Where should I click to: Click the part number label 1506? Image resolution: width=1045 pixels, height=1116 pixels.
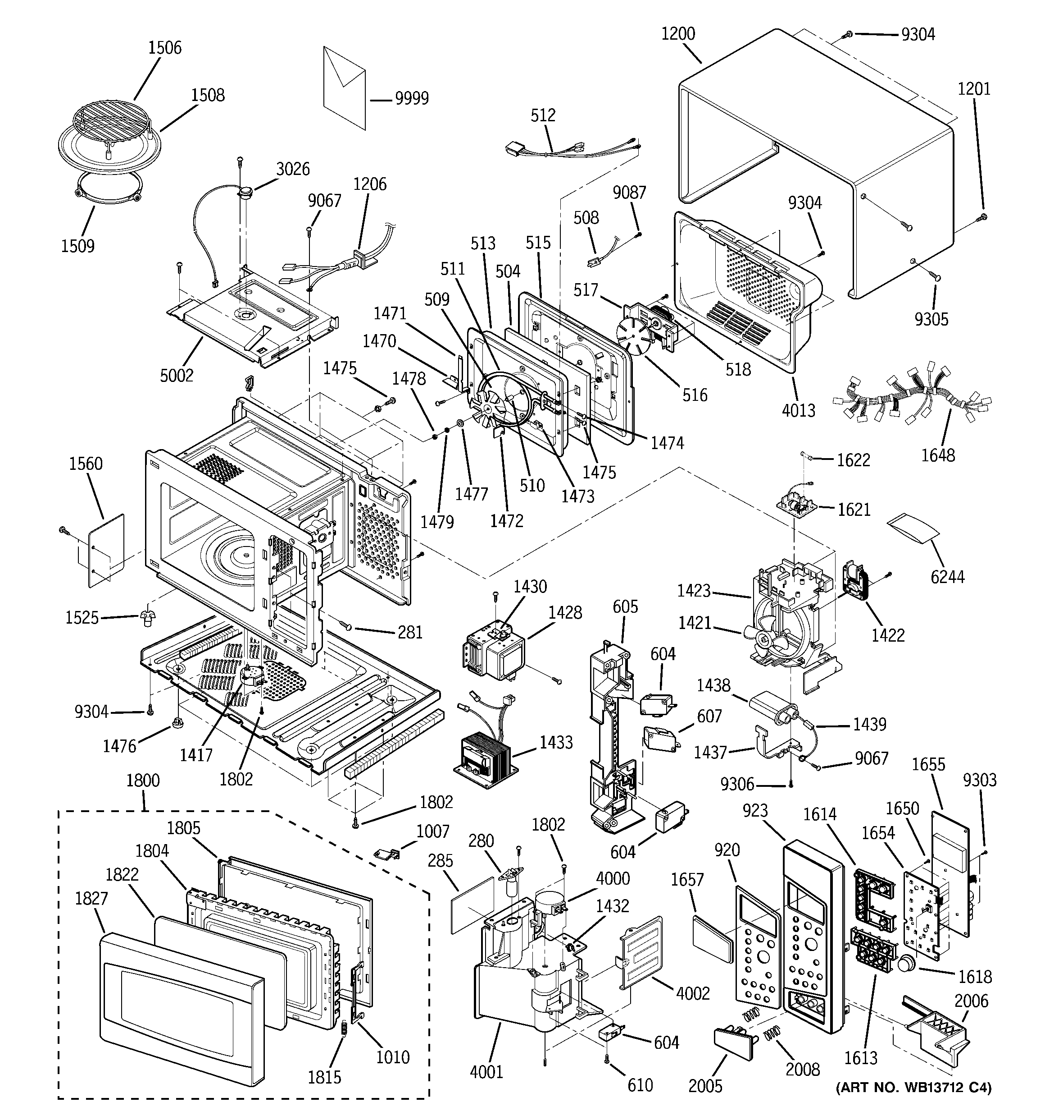pyautogui.click(x=164, y=48)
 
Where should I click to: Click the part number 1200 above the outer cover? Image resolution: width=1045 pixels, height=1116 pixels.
pyautogui.click(x=678, y=34)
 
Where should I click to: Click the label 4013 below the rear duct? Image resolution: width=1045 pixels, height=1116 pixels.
pyautogui.click(x=798, y=410)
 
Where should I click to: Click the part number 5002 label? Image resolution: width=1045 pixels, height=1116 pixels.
pyautogui.click(x=177, y=376)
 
